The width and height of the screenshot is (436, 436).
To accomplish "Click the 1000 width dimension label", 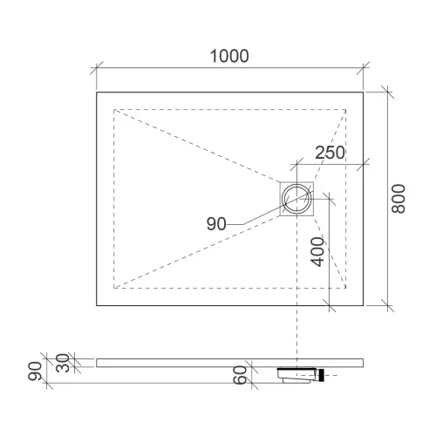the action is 229,56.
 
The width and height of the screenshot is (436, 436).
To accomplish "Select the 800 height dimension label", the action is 399,199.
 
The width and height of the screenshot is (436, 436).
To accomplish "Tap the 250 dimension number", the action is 330,153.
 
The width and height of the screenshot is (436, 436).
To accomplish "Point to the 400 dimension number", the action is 317,252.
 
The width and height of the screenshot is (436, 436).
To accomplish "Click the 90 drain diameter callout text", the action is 216,224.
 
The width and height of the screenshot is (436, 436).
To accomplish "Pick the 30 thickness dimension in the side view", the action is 63,363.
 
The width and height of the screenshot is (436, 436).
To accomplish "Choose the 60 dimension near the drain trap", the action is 241,375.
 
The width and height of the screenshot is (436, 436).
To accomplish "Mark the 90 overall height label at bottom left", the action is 35,371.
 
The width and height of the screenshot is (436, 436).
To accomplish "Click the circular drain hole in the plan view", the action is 296,199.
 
